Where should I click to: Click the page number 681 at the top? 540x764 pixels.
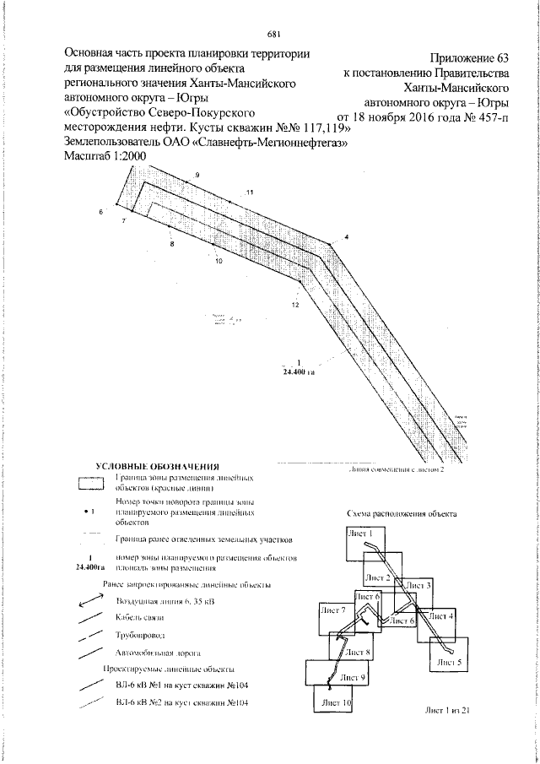[273, 35]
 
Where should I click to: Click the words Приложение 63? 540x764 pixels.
[470, 58]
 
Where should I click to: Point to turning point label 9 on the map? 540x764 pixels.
[197, 175]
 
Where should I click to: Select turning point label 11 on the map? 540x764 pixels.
[250, 193]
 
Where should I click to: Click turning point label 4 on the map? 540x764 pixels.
[345, 237]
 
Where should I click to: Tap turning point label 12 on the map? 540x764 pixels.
[295, 303]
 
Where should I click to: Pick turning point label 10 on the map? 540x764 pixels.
[219, 262]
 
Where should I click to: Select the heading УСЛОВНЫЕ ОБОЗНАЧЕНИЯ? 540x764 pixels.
[158, 466]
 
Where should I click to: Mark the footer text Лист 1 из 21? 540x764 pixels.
[447, 711]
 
